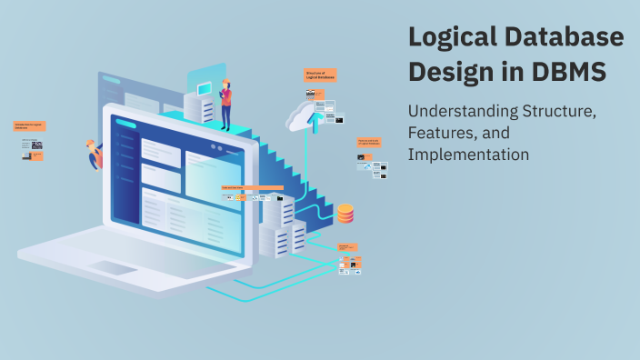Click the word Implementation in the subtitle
pos(468,155)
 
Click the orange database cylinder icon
pos(345,214)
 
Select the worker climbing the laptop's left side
pos(93,155)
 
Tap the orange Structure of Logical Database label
pos(320,75)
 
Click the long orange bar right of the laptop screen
pos(252,188)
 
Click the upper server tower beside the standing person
pos(199,107)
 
